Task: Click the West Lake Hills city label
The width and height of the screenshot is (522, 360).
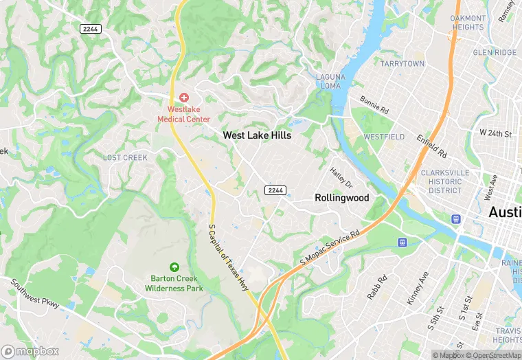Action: click(x=257, y=135)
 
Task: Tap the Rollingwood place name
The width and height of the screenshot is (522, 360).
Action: click(x=341, y=197)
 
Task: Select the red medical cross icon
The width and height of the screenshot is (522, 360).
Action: click(x=184, y=98)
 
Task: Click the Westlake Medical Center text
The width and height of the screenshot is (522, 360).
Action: click(x=183, y=114)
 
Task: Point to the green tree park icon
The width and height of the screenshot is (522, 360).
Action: click(x=174, y=267)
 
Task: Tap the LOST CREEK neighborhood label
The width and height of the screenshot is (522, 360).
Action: click(x=125, y=157)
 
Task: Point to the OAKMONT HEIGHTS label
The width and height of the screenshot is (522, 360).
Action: click(x=468, y=23)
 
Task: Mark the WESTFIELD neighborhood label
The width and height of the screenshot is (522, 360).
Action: click(x=384, y=137)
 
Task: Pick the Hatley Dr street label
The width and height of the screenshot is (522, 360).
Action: click(x=341, y=178)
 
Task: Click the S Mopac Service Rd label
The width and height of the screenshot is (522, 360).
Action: click(x=330, y=248)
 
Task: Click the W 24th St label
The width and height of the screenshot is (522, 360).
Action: click(x=496, y=133)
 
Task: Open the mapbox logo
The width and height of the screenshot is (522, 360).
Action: click(x=30, y=350)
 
